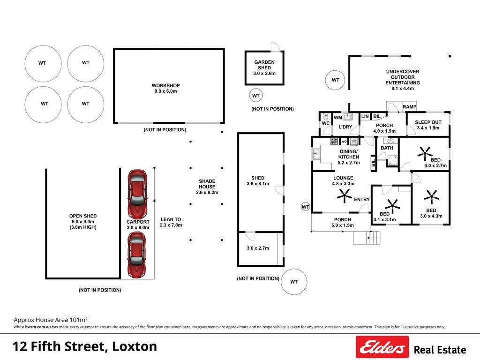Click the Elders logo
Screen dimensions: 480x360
click(x=382, y=347)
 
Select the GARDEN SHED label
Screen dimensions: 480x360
click(x=264, y=65)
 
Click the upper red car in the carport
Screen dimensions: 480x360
click(x=137, y=194)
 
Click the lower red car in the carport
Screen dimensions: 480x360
click(x=136, y=255)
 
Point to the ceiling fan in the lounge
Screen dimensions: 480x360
click(x=345, y=195)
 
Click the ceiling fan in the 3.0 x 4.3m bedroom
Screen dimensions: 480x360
click(x=432, y=196)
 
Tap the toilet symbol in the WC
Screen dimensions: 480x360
click(x=326, y=116)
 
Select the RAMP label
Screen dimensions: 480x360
click(x=409, y=107)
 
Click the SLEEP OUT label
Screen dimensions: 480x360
click(x=428, y=122)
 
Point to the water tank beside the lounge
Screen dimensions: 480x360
click(x=306, y=207)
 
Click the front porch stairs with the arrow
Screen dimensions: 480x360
click(x=367, y=238)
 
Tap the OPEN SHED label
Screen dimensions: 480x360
click(x=83, y=216)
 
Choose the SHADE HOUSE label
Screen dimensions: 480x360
click(x=207, y=184)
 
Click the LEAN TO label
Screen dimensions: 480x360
click(x=171, y=219)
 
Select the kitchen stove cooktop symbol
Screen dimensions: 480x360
click(x=334, y=141)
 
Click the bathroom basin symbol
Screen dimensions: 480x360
click(x=391, y=141)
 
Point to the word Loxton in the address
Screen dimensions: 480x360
click(x=135, y=346)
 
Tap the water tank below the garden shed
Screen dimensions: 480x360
click(x=256, y=96)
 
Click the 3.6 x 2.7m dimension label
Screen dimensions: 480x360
click(x=258, y=248)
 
